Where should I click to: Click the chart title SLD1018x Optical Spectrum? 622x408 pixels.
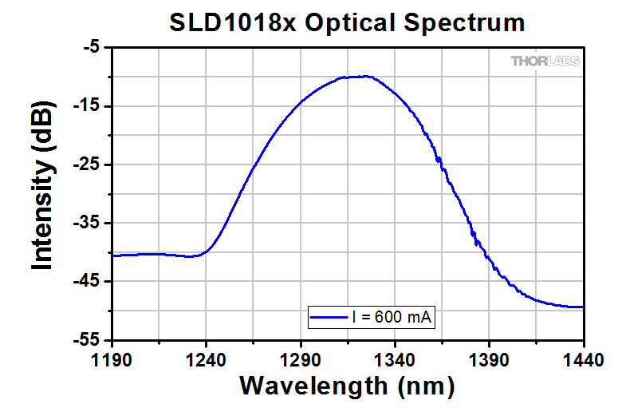(x=347, y=22)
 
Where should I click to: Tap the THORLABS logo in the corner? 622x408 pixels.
(x=545, y=61)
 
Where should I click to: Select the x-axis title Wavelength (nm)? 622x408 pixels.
(x=347, y=386)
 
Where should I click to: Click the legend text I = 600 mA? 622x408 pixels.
(x=392, y=317)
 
